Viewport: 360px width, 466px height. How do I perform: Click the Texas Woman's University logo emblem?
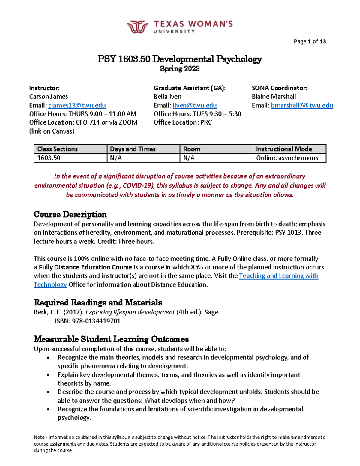pos(137,27)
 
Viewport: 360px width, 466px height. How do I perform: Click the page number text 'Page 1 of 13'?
pos(310,41)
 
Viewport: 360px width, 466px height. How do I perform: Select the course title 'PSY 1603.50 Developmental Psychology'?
pos(180,59)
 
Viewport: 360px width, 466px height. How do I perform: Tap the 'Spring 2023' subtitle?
pos(180,69)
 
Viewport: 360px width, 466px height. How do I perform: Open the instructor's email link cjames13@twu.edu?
pos(77,105)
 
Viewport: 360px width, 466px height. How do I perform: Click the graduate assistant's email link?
pos(195,105)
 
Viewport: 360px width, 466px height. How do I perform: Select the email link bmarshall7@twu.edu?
pos(302,105)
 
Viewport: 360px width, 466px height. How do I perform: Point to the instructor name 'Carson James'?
pos(49,97)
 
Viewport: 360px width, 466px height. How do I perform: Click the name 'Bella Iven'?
pos(167,97)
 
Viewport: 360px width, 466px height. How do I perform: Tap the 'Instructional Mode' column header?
pos(284,149)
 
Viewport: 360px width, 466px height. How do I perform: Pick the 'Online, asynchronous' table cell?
pos(287,158)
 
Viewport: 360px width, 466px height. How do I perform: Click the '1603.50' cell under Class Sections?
pos(49,158)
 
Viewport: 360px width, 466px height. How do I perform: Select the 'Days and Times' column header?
pos(133,149)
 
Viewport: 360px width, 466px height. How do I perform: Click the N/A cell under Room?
pos(189,158)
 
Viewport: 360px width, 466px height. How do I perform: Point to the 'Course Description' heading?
pos(70,215)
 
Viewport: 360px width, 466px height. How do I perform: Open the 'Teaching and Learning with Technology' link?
pos(278,276)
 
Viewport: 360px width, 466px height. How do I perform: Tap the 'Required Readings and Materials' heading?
pos(98,302)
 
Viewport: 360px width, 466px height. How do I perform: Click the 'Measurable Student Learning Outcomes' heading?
pos(111,339)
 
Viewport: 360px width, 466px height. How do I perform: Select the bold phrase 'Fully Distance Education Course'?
pos(85,267)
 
